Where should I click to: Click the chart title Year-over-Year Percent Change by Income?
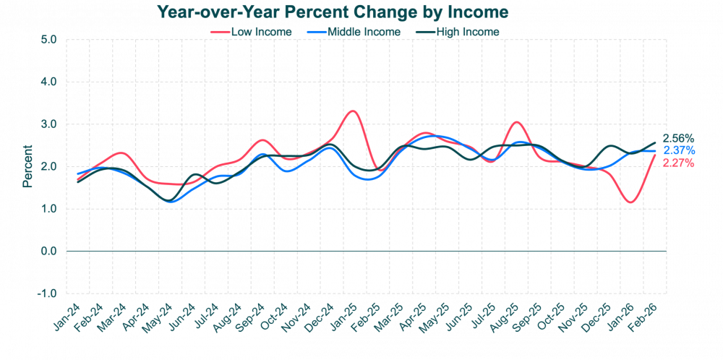pyautogui.click(x=332, y=12)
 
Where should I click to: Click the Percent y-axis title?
pyautogui.click(x=27, y=166)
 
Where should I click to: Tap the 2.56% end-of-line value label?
pyautogui.click(x=679, y=138)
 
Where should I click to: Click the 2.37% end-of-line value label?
pyautogui.click(x=679, y=150)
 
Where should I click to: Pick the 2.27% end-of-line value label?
pyautogui.click(x=679, y=163)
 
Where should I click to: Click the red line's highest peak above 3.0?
pyautogui.click(x=352, y=111)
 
